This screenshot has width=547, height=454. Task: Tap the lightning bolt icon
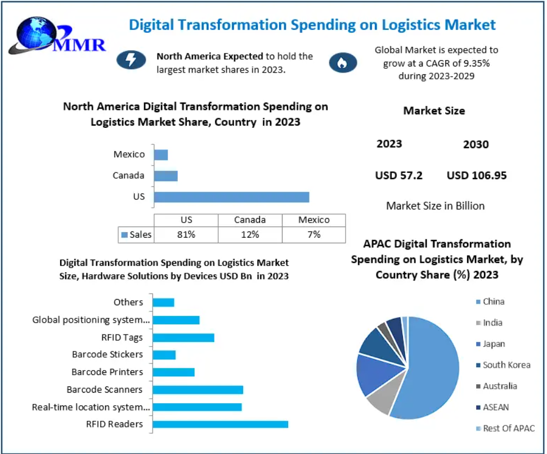tap(131, 60)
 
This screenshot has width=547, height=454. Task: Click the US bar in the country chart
tap(231, 197)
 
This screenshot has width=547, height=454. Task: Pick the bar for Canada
tap(165, 176)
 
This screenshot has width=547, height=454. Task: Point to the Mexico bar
tap(160, 154)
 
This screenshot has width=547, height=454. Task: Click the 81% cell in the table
tap(186, 234)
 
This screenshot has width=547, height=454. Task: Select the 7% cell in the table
tap(313, 234)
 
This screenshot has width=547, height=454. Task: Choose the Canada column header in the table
tap(250, 220)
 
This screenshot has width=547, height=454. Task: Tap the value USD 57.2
tap(398, 175)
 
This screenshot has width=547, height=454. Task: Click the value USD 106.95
tap(477, 175)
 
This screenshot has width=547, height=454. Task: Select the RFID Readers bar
tap(220, 424)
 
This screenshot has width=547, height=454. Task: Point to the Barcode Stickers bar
tap(164, 354)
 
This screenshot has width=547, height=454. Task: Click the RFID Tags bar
tap(183, 337)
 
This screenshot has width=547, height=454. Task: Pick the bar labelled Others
tap(163, 302)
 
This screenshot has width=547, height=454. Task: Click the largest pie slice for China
tap(431, 366)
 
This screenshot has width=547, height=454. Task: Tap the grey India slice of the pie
tap(378, 404)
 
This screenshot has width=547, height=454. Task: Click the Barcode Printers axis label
tap(107, 372)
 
